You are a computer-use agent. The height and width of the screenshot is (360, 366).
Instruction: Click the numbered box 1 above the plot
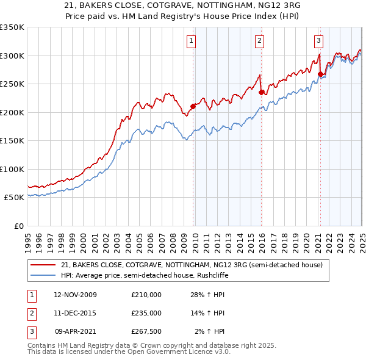click(x=191, y=41)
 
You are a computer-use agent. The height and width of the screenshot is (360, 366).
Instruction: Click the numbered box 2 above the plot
click(x=259, y=41)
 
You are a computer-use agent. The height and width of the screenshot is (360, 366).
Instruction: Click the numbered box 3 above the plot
click(x=318, y=41)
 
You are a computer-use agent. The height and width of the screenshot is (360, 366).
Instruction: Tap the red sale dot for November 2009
click(x=193, y=106)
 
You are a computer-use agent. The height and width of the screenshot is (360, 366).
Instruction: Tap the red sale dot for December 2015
click(x=261, y=92)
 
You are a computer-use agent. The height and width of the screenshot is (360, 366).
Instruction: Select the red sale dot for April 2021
click(x=320, y=74)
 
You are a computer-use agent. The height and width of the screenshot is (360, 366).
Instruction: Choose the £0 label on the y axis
click(x=18, y=226)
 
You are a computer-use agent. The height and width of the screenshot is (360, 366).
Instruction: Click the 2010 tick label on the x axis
click(x=195, y=238)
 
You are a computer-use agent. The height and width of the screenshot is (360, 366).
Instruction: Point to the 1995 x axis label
click(x=28, y=238)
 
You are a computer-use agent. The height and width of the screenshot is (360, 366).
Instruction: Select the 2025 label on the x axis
click(x=362, y=238)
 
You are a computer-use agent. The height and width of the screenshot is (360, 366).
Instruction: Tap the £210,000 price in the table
click(x=146, y=295)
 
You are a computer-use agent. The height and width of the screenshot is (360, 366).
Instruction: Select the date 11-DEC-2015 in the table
click(x=76, y=313)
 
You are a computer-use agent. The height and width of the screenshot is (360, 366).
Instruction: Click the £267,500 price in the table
click(x=146, y=331)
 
